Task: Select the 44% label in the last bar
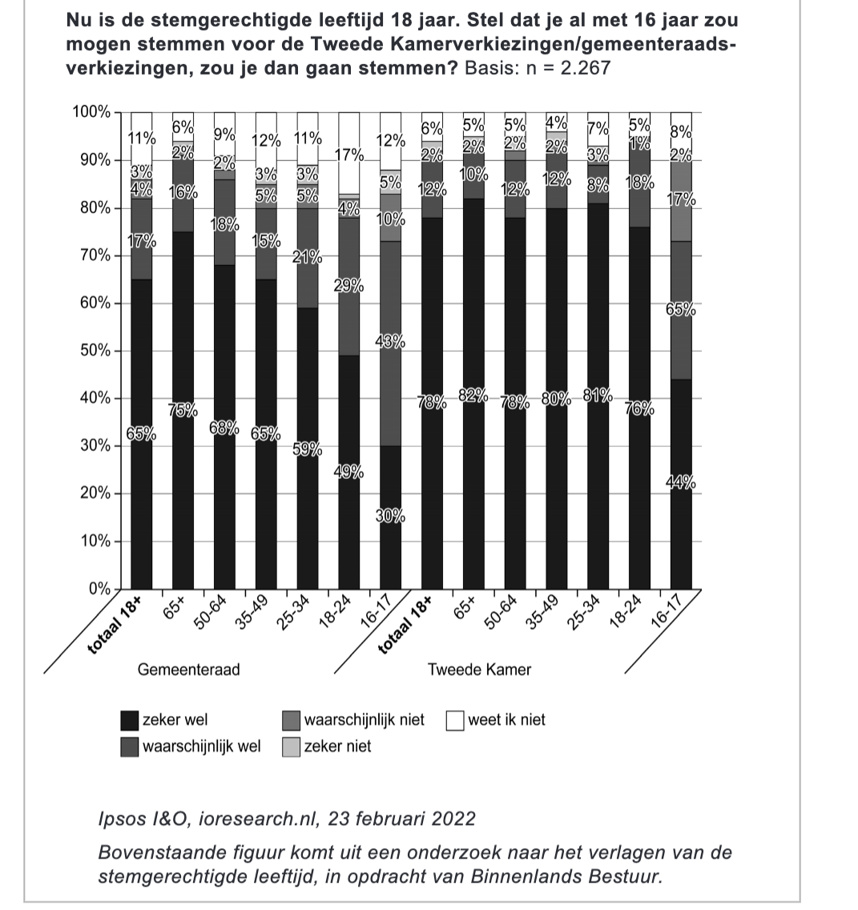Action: tap(681, 482)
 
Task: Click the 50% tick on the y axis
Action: tap(94, 351)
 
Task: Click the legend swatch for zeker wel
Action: tap(129, 720)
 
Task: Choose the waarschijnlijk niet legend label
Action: tap(365, 720)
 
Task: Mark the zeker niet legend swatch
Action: tap(292, 747)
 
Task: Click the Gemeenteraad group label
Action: tap(188, 670)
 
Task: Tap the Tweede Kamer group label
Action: tap(479, 670)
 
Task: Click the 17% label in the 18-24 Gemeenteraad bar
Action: tap(349, 155)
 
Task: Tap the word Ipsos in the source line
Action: tap(119, 819)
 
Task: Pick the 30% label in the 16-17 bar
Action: tap(391, 516)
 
